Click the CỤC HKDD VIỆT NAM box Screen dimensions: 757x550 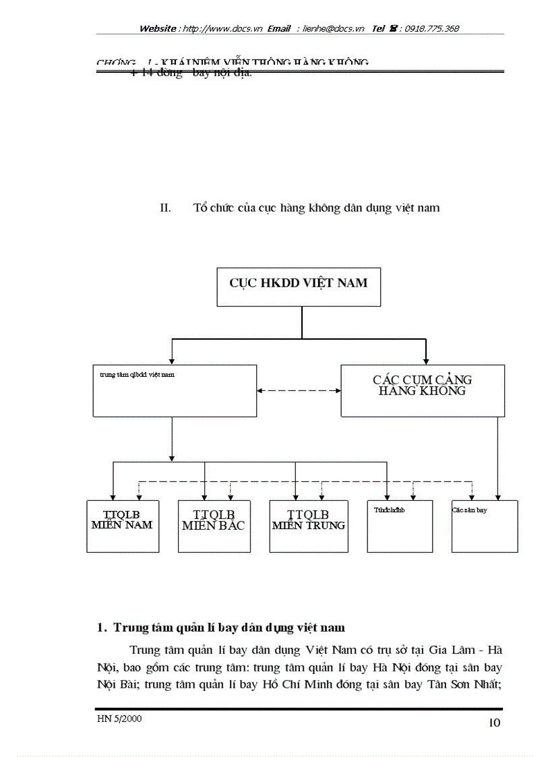point(299,287)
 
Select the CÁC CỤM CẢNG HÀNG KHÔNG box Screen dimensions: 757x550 point(422,391)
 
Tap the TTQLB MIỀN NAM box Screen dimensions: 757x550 point(123,526)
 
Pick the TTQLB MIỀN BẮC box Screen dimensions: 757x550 point(214,526)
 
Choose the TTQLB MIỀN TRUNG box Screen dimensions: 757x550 point(309,526)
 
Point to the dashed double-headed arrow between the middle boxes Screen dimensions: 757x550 point(299,390)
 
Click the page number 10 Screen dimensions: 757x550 point(493,723)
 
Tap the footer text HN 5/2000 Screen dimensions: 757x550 point(119,719)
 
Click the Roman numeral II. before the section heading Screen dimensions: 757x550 point(166,208)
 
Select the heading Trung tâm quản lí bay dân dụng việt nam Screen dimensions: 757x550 point(229,628)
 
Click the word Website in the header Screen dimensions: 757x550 point(158,29)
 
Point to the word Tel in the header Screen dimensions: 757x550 point(378,29)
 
